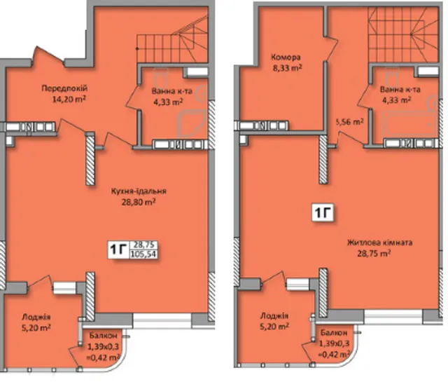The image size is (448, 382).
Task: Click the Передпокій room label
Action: pos(64,88)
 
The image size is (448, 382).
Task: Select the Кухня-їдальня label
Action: pos(139,191)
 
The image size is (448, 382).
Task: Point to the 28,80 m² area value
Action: pos(139,203)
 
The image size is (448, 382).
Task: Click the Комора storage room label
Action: pos(286,57)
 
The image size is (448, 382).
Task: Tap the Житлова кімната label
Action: pos(379,243)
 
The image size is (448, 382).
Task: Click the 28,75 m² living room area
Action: pos(374,254)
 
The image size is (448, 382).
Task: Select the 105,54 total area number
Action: pos(143,254)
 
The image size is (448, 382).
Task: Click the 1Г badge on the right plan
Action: pos(323,212)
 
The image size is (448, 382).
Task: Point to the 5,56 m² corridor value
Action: pos(350,122)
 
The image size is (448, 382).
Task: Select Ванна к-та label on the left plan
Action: pos(172,91)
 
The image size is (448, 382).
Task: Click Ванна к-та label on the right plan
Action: pos(400,90)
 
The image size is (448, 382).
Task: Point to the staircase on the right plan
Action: pos(403,34)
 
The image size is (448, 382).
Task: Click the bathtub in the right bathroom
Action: pos(409,125)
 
